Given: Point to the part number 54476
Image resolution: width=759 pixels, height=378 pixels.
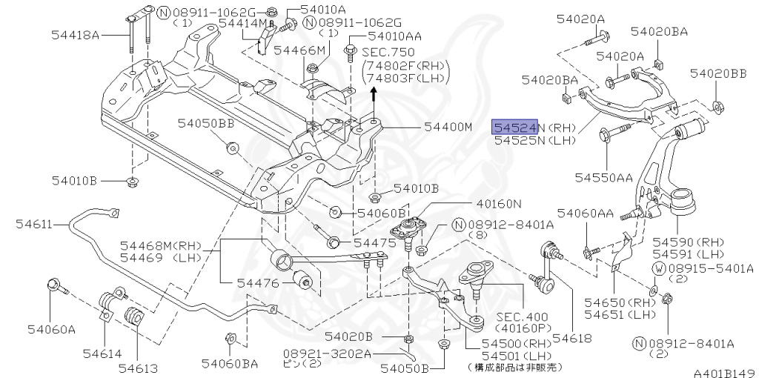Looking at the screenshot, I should [259, 282].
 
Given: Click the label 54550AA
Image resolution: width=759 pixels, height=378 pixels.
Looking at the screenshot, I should [603, 177].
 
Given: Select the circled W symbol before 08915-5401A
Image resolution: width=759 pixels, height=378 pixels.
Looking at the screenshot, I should [657, 268].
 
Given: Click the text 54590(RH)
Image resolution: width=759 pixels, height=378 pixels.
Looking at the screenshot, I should [680, 242].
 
